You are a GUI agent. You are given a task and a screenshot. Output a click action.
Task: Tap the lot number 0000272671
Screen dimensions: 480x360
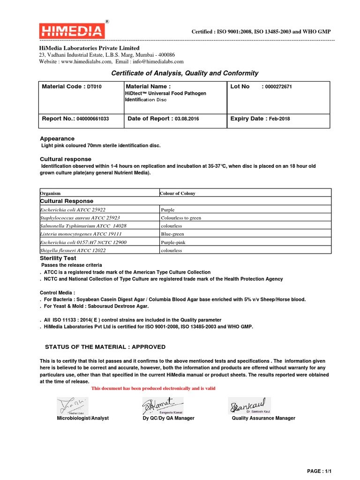[277, 87]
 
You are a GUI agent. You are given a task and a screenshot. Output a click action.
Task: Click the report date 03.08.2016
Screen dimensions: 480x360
[187, 119]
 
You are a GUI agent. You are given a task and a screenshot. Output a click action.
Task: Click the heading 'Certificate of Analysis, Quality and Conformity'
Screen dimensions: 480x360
[184, 73]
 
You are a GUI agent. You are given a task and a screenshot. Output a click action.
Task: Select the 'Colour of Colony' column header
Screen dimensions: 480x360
[178, 193]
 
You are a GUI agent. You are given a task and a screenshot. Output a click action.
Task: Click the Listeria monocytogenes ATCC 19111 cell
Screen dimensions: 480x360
[81, 233]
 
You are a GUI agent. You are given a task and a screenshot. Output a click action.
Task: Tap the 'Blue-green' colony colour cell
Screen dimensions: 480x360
[172, 233]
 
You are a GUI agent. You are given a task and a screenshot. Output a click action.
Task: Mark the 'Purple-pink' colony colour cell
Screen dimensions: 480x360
[173, 242]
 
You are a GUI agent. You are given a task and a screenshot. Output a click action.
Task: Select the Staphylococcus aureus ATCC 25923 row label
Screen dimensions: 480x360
[80, 217]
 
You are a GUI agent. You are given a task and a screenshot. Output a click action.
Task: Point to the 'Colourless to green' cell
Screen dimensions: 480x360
[180, 217]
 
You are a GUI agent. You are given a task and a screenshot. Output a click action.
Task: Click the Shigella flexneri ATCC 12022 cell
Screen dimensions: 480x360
[73, 250]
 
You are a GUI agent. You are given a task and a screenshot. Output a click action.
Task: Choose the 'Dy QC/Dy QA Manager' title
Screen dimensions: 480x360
[168, 418]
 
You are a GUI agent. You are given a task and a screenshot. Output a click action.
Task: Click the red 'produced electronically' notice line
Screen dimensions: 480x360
[153, 389]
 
